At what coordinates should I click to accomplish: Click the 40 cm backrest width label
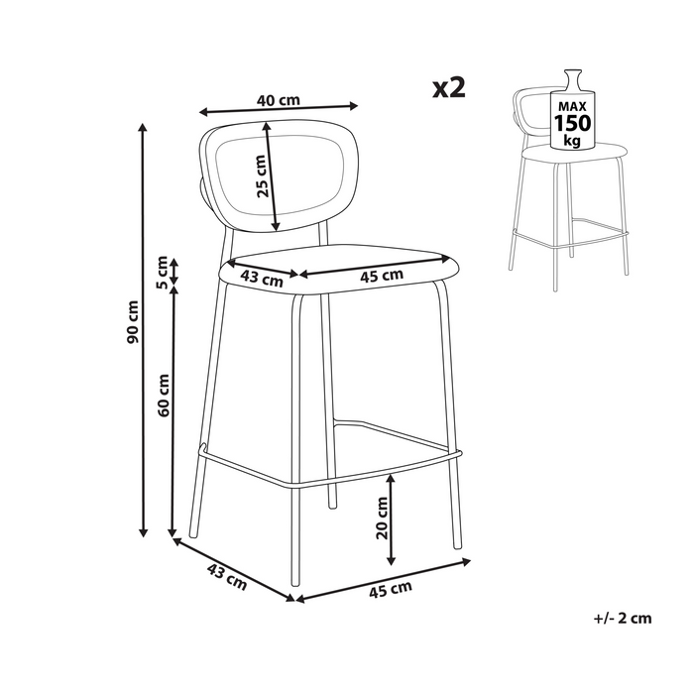click(x=279, y=100)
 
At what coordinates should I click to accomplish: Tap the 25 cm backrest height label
click(x=262, y=175)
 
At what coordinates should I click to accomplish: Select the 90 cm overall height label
click(x=132, y=321)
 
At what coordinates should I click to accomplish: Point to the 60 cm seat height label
click(x=163, y=395)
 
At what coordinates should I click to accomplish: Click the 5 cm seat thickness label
click(x=162, y=273)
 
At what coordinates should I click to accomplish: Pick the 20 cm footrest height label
click(x=381, y=518)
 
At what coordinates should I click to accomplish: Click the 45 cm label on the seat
click(x=382, y=276)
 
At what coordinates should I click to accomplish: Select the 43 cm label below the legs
click(x=227, y=578)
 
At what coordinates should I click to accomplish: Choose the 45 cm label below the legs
click(x=391, y=590)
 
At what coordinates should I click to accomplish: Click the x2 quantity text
click(x=449, y=87)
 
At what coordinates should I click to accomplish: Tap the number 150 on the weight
click(x=572, y=123)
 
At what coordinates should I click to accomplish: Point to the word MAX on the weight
click(x=572, y=107)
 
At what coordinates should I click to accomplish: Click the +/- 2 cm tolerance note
click(x=623, y=618)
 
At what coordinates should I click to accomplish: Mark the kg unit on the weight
click(x=572, y=141)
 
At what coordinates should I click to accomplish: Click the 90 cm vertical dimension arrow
click(x=143, y=330)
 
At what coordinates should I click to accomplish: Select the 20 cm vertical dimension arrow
click(x=391, y=520)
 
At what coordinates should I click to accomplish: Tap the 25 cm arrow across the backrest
click(x=271, y=176)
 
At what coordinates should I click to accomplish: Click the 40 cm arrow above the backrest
click(x=279, y=109)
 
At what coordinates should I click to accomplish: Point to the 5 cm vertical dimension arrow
click(x=173, y=272)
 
